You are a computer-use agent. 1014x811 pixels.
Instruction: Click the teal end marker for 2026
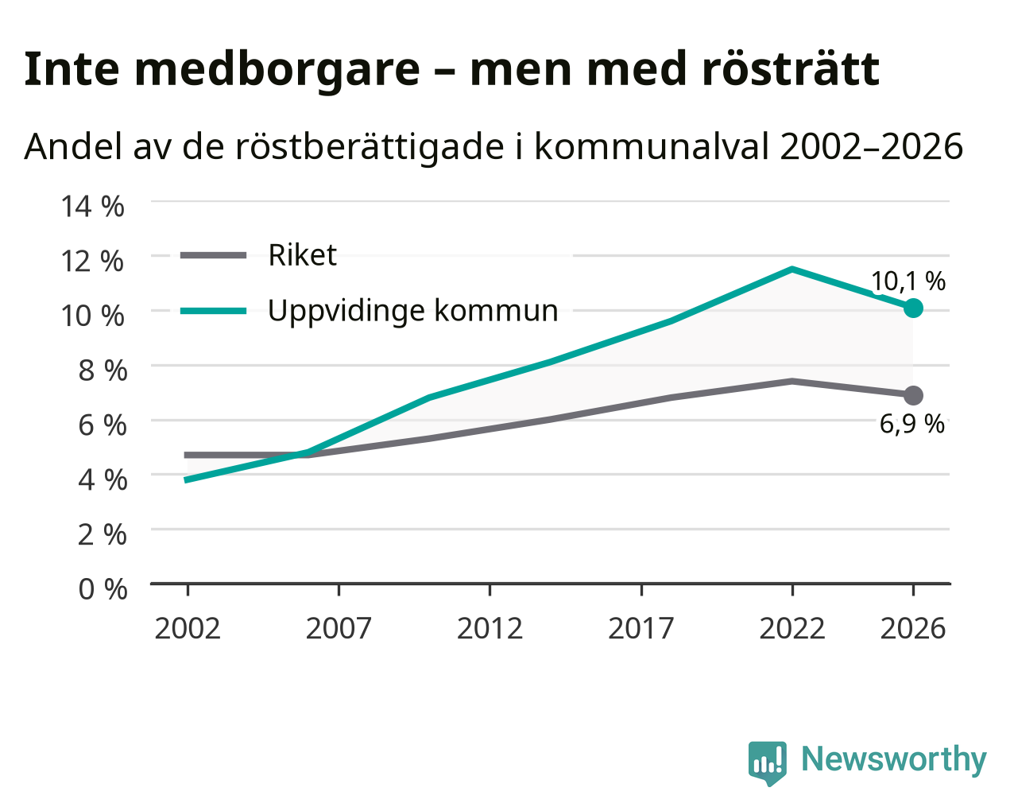coord(913,308)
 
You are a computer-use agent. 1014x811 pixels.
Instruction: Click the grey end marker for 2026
coord(913,395)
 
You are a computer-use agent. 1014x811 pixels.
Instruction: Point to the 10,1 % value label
coord(908,281)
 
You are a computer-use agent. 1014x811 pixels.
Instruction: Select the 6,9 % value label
coord(911,424)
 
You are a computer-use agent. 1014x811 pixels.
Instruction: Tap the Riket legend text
coord(303,255)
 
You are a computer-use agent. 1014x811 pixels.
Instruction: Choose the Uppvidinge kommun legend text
coord(412,311)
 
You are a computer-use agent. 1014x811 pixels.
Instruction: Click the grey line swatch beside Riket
coord(214,255)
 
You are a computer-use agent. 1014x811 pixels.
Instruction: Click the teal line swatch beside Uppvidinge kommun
coord(214,311)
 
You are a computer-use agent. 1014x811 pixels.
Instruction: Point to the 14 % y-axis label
coord(93,206)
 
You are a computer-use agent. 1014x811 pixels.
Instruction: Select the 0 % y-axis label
coord(103,589)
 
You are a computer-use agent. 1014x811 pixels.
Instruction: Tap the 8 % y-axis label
coord(103,371)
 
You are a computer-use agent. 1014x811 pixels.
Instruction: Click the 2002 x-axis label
coord(188,628)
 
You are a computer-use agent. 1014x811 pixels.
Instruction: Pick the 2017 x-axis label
coord(641,628)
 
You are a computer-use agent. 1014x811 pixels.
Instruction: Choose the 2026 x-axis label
coord(913,628)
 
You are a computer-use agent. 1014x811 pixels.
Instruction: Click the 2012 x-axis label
coord(490,628)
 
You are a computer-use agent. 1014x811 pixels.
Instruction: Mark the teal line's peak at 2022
coord(792,270)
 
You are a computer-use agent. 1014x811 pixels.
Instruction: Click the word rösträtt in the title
coord(791,69)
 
